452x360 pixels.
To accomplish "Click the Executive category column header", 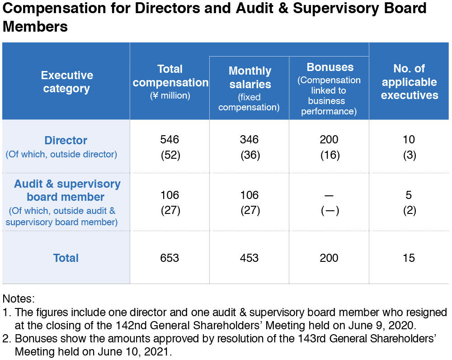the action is (67, 82).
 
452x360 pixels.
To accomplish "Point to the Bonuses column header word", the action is (330, 67).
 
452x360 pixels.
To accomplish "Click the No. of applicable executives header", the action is (410, 82).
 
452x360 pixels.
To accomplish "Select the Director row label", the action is (66, 141).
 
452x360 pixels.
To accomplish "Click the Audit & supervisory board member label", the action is (67, 190).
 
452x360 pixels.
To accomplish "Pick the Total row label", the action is (66, 258).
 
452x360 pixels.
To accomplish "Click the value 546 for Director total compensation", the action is (169, 140).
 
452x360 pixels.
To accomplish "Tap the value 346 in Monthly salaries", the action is (250, 140).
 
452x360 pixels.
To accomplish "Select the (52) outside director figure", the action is (170, 155).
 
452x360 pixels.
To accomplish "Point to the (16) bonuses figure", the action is (330, 155).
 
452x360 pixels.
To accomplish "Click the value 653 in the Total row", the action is (169, 258).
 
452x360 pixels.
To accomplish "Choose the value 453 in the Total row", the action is (250, 258).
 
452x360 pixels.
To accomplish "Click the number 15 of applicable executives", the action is (409, 258).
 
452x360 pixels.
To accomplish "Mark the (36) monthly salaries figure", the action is (250, 155).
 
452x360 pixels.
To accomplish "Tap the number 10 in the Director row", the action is (409, 140).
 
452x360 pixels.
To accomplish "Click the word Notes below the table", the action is (19, 298).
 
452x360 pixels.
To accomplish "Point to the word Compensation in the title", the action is (54, 8).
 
